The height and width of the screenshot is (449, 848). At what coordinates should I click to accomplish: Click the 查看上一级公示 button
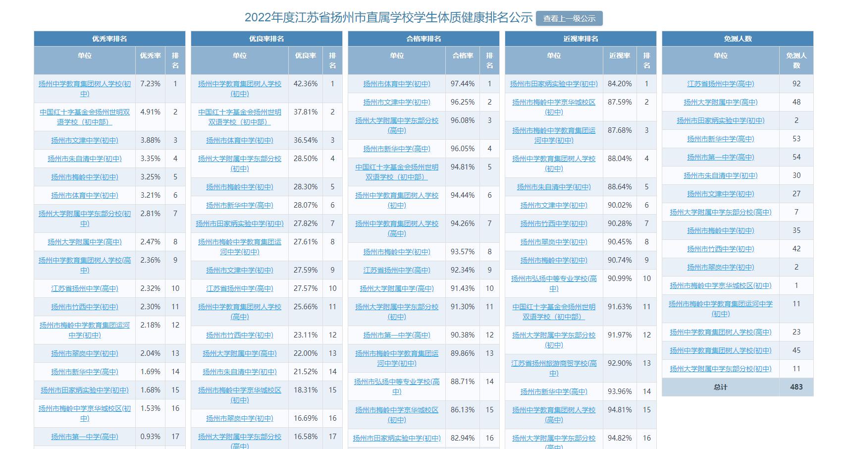(569, 18)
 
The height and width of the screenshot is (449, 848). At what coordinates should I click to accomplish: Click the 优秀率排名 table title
(109, 39)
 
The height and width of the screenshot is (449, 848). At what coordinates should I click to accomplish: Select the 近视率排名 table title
(581, 39)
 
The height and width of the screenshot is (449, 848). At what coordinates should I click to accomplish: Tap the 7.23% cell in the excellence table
(150, 84)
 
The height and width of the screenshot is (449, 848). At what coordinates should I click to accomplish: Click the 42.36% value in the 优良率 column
(305, 84)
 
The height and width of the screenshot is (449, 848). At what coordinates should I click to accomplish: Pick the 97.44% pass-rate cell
(462, 84)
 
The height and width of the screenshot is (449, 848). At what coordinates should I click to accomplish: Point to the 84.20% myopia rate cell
(620, 84)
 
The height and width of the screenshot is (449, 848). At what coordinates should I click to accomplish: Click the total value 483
(796, 387)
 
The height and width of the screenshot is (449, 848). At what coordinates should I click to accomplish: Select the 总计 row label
(720, 387)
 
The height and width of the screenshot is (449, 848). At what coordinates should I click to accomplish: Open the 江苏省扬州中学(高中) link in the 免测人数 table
(720, 84)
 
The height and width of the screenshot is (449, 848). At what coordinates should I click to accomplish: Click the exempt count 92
(796, 84)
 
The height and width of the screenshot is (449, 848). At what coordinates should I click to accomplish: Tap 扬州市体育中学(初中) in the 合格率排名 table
(396, 84)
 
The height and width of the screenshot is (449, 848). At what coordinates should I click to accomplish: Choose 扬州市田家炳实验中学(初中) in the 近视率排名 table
(554, 84)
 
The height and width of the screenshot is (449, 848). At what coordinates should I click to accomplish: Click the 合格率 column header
(462, 56)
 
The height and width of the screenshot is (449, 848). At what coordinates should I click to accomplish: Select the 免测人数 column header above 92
(796, 60)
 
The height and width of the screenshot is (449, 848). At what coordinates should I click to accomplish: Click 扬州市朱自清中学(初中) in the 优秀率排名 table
(84, 159)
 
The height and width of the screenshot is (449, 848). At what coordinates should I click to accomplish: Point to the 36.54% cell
(305, 140)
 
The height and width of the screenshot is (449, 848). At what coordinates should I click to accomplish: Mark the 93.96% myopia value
(620, 392)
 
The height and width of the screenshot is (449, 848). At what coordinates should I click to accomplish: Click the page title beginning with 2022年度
(388, 18)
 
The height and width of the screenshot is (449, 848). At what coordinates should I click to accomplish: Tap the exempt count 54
(796, 157)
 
